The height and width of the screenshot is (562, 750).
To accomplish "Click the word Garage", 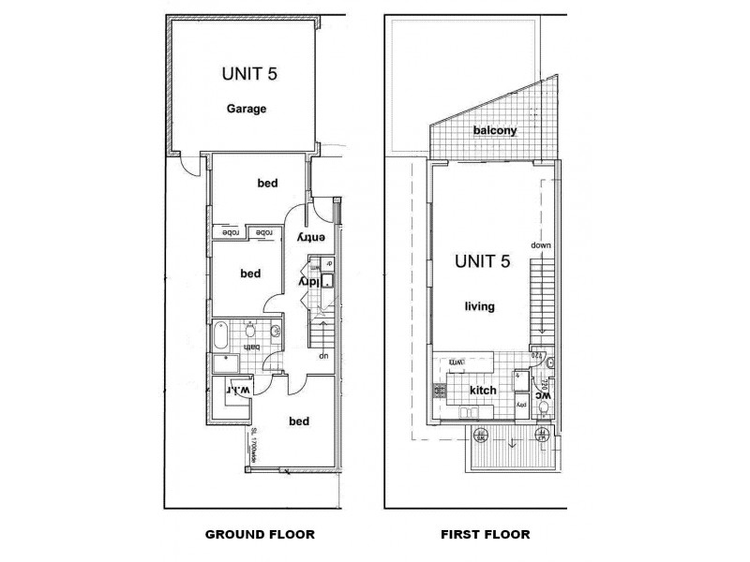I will pos(247,109).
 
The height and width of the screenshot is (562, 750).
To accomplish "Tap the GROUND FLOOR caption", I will pos(260,535).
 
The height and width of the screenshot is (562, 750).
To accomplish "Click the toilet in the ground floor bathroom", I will pos(250,330).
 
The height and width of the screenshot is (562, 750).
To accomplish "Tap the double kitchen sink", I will pos(471,412).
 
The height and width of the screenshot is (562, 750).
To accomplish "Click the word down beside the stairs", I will pos(541,245).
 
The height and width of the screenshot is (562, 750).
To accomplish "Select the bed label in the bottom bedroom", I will pos(299,421).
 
